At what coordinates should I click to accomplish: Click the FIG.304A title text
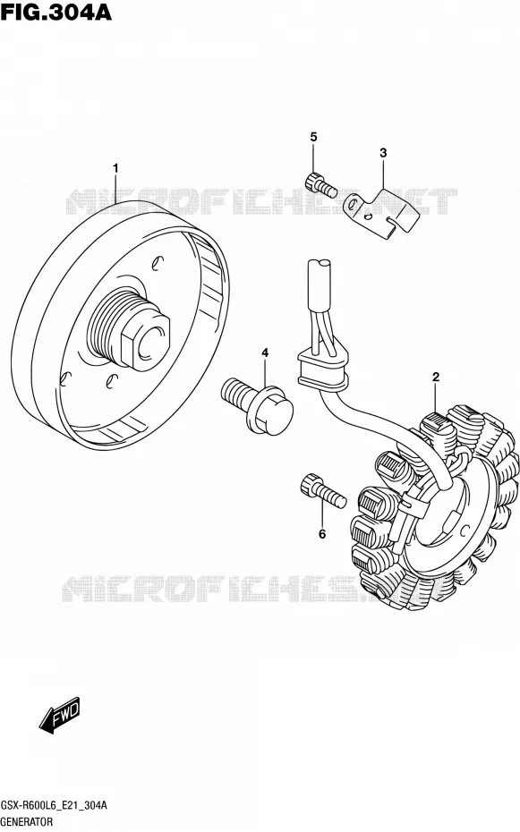point(56,12)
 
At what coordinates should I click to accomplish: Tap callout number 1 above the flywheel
point(115,169)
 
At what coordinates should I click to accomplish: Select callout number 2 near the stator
point(436,378)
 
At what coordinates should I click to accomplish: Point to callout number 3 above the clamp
point(383,153)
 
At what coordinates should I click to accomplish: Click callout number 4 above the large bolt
point(265,352)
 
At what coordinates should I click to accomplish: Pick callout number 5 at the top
point(313,137)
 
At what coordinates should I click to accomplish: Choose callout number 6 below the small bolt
point(322,534)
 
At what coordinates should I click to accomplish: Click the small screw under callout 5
point(320,183)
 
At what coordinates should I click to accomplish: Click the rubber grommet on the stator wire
point(321,367)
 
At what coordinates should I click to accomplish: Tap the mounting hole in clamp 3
point(353,202)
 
